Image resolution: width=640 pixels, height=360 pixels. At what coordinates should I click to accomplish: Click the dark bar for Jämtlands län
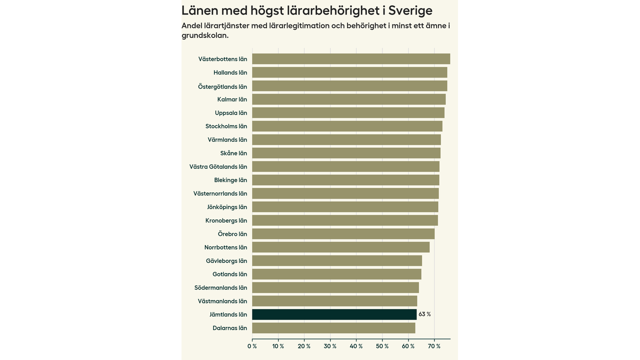[x=334, y=314]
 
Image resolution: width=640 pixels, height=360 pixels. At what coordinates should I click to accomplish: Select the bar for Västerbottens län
[x=351, y=59]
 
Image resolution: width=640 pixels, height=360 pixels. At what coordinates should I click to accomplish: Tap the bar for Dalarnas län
[x=333, y=328]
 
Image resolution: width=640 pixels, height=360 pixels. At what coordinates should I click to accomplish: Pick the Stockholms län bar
[x=347, y=126]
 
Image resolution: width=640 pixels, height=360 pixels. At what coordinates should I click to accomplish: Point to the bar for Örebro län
[x=343, y=233]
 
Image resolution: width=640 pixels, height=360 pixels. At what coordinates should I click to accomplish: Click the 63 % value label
[x=424, y=314]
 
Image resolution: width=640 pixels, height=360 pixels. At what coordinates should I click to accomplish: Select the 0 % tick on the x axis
[x=252, y=346]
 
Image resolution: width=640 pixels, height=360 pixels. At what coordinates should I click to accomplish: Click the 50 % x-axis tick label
[x=382, y=346]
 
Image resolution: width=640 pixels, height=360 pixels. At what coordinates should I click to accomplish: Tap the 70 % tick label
[x=434, y=346]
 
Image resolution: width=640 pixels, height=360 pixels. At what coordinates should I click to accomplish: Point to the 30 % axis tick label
[x=330, y=346]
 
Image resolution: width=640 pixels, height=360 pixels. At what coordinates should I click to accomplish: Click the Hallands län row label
[x=230, y=72]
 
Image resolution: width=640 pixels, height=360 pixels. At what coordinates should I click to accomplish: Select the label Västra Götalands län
[x=218, y=166]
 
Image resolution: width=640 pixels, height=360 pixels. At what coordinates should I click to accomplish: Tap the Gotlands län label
[x=229, y=274]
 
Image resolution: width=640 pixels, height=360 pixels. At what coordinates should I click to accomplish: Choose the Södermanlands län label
[x=220, y=287]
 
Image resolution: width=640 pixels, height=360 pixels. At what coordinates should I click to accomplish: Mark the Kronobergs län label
[x=226, y=220]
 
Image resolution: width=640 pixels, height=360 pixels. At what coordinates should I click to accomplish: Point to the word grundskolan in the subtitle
[x=205, y=35]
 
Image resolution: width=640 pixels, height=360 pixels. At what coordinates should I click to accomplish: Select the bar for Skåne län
[x=346, y=153]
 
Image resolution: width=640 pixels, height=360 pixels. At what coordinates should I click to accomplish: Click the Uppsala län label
[x=231, y=113]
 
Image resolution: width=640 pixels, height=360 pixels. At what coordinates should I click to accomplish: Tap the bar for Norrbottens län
[x=340, y=247]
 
